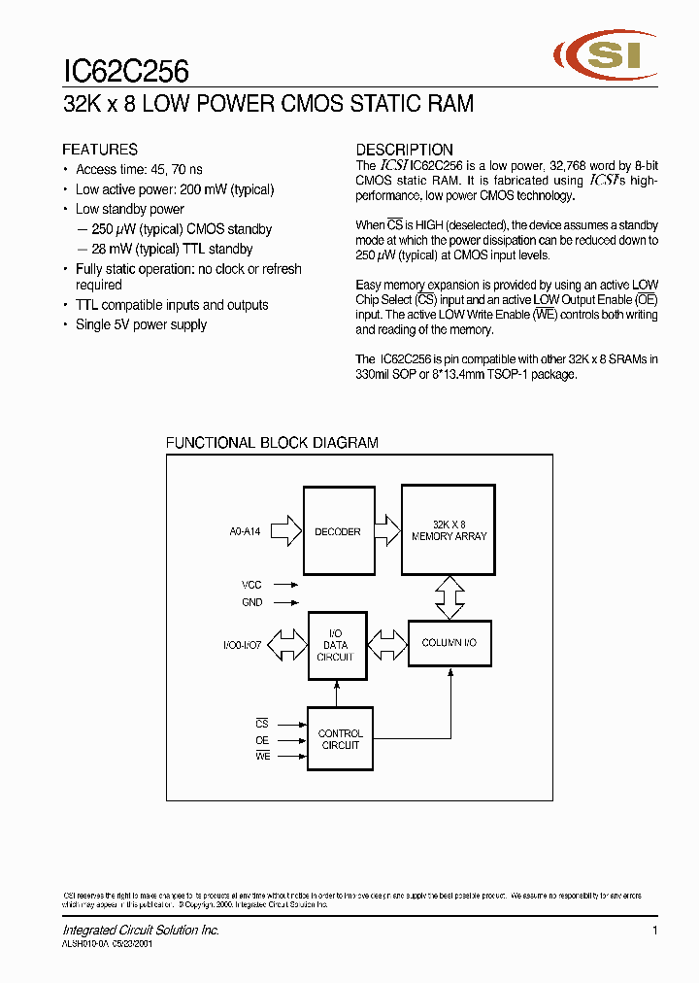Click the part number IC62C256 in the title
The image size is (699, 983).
(125, 71)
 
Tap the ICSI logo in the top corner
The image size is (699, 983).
(603, 57)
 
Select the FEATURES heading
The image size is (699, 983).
(100, 150)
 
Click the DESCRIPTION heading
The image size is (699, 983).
(404, 150)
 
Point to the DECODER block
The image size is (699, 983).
(337, 531)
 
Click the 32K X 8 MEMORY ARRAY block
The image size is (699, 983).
(449, 530)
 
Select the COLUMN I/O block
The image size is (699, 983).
(449, 643)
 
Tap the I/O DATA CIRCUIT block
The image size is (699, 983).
(337, 645)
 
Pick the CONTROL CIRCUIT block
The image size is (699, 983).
(340, 739)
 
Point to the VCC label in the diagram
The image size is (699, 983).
(251, 586)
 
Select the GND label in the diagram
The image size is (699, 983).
(251, 602)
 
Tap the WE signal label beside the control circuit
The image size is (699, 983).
(262, 756)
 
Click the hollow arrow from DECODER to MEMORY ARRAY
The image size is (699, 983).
(386, 530)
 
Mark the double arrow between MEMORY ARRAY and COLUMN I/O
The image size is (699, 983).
(449, 596)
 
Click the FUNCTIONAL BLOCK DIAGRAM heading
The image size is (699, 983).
(272, 443)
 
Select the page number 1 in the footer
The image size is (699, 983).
(656, 931)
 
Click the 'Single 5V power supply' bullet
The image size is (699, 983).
(141, 324)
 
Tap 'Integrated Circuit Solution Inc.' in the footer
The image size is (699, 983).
(141, 931)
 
